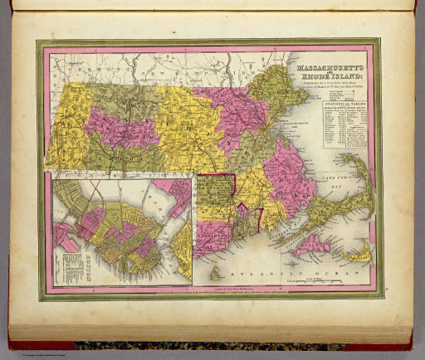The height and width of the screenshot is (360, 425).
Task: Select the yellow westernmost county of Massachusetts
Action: point(62,124)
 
